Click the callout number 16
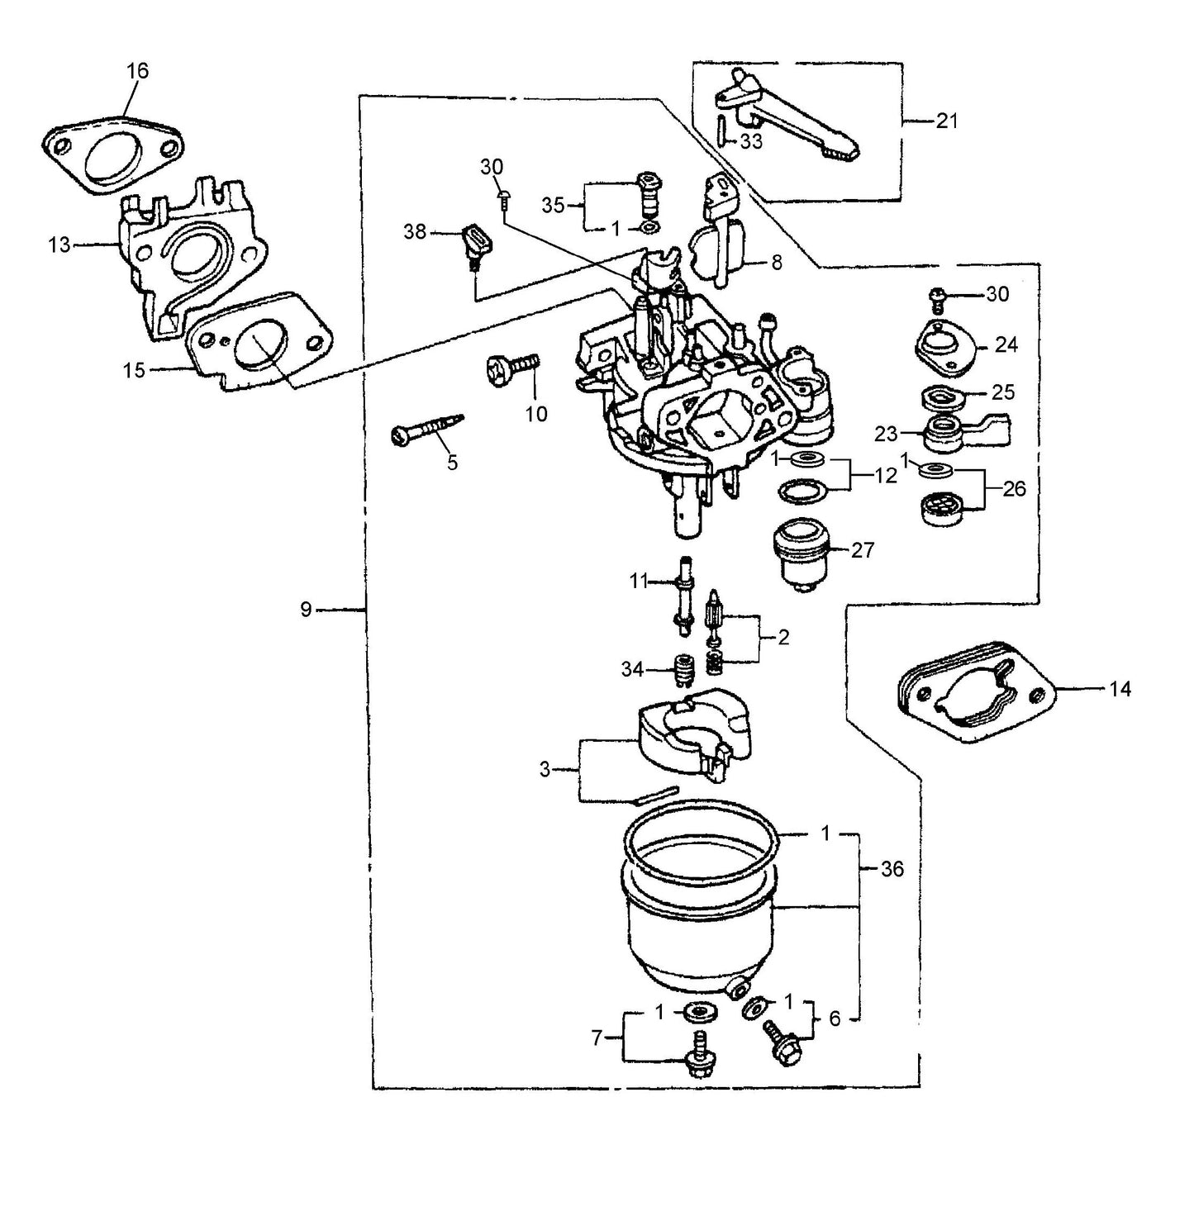coord(137,71)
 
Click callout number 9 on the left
coord(306,610)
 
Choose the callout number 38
coord(415,232)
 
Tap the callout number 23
coord(886,434)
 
